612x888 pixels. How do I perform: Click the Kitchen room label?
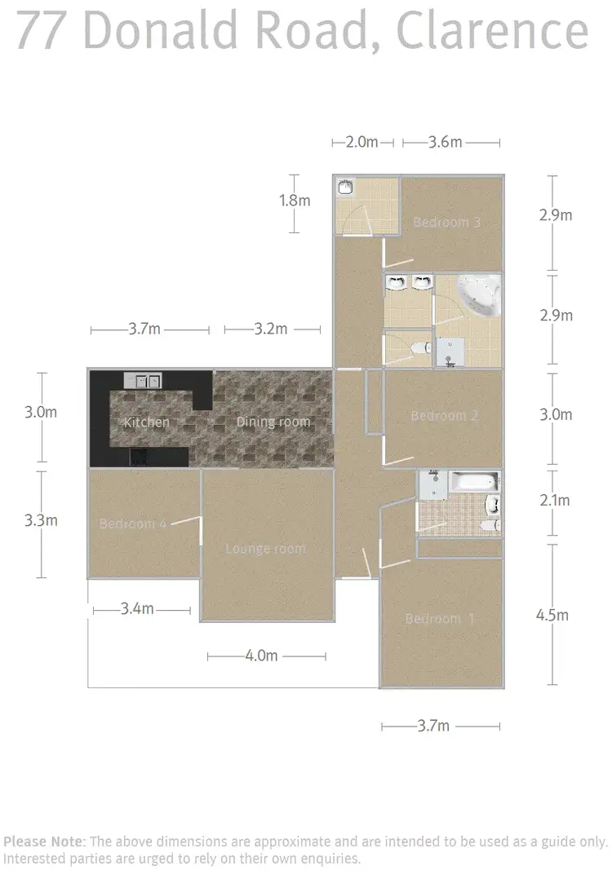tap(147, 422)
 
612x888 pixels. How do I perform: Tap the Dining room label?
tap(273, 422)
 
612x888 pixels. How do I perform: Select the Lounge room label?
tap(265, 549)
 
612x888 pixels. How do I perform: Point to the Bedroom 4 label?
tap(133, 524)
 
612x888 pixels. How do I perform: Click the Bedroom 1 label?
tap(439, 619)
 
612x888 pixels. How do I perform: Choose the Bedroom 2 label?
tap(444, 416)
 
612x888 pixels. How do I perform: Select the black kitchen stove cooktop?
tap(140, 457)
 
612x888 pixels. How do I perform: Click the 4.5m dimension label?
tap(552, 615)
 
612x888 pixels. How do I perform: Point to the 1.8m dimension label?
tap(295, 201)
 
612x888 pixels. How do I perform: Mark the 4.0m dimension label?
tap(261, 656)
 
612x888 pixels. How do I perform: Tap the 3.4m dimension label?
tap(137, 608)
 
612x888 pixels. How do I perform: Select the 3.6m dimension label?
tap(446, 142)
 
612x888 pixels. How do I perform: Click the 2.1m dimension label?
tap(555, 501)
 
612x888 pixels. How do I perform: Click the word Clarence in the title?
tap(492, 30)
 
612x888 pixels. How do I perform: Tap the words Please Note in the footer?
tap(44, 841)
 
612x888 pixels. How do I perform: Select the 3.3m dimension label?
tap(41, 519)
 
